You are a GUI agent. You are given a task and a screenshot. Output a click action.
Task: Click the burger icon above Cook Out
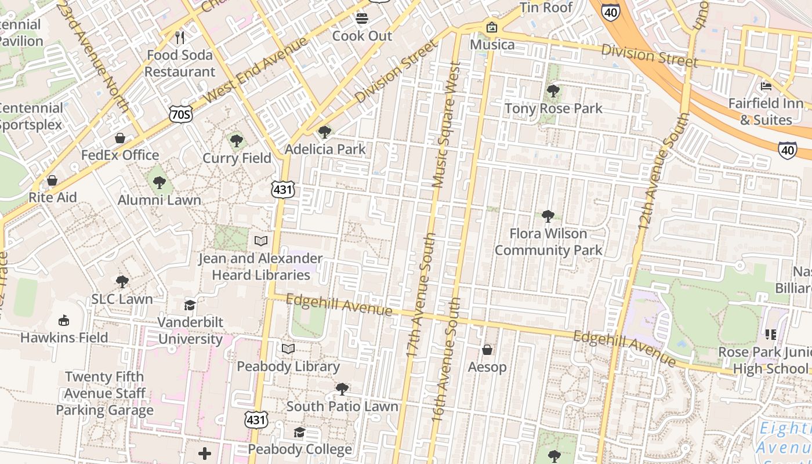362,19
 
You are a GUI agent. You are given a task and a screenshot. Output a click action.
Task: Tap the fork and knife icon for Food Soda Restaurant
180,38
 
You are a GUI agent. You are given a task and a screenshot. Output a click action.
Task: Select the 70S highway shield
180,114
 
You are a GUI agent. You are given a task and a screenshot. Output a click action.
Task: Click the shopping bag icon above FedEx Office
120,138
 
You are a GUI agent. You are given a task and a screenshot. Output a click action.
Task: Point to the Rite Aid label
53,197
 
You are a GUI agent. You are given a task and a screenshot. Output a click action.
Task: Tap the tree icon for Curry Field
236,140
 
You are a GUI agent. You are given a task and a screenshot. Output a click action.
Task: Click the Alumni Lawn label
159,200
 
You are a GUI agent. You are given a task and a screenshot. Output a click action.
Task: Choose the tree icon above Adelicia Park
325,132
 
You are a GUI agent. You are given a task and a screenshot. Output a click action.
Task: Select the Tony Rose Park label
553,108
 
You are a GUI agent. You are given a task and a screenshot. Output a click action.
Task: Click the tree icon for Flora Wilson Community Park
548,216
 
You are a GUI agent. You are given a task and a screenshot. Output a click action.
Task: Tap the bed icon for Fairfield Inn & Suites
766,86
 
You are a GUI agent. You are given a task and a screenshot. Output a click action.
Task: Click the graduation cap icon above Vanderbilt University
190,305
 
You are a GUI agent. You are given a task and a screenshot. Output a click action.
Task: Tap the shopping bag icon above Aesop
487,350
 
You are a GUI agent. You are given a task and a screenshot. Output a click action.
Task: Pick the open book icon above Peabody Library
288,349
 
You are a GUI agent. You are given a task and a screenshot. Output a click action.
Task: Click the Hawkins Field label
64,338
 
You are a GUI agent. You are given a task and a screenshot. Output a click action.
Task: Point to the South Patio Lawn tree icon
342,388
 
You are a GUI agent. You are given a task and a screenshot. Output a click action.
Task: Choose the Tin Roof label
546,8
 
